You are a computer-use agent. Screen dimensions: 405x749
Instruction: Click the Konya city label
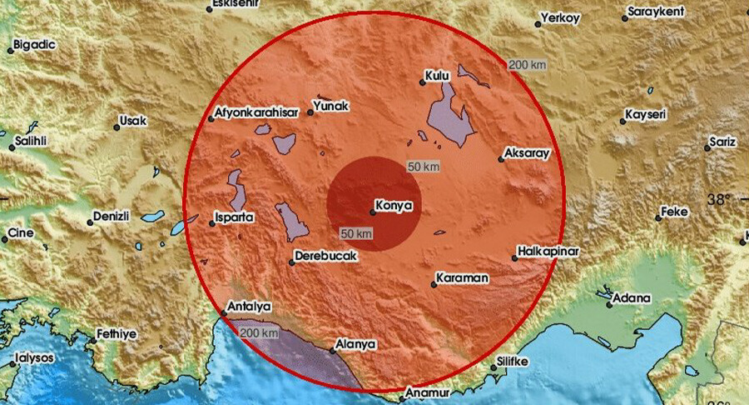pyautogui.click(x=395, y=202)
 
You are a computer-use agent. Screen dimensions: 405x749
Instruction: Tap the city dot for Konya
pyautogui.click(x=372, y=212)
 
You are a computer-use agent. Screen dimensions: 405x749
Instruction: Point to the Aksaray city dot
pyautogui.click(x=502, y=158)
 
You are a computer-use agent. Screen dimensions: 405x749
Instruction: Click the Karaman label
pyautogui.click(x=464, y=276)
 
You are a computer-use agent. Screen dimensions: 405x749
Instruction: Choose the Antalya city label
pyautogui.click(x=250, y=307)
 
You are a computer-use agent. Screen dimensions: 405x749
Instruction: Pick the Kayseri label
pyautogui.click(x=647, y=112)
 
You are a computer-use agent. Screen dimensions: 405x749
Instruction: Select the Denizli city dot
pyautogui.click(x=90, y=222)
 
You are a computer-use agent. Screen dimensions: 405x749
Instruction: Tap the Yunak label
pyautogui.click(x=330, y=107)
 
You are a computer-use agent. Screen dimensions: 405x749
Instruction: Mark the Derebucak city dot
pyautogui.click(x=292, y=263)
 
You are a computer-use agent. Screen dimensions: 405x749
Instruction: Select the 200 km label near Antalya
pyautogui.click(x=258, y=333)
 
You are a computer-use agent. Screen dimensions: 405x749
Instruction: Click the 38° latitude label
pyautogui.click(x=719, y=199)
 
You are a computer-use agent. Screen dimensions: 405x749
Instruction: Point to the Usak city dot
pyautogui.click(x=116, y=127)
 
